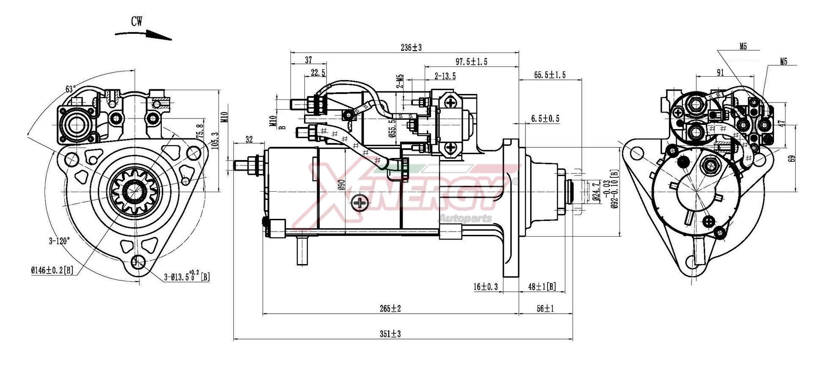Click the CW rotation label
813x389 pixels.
point(136,21)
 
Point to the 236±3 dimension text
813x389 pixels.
point(411,47)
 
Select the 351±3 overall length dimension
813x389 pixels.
point(390,334)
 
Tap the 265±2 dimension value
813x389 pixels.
point(390,309)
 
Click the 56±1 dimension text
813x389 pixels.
point(545,309)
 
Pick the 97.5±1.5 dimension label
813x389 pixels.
point(471,62)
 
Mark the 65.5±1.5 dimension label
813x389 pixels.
point(550,75)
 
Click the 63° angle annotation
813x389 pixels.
point(71,89)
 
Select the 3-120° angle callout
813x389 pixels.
point(59,241)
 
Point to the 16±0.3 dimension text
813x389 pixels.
point(486,287)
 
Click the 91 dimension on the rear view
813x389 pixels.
point(720,73)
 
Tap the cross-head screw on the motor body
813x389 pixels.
point(360,203)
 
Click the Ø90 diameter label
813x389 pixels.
point(342,185)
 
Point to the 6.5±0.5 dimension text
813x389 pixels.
point(545,119)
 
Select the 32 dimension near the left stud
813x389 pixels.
point(249,139)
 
